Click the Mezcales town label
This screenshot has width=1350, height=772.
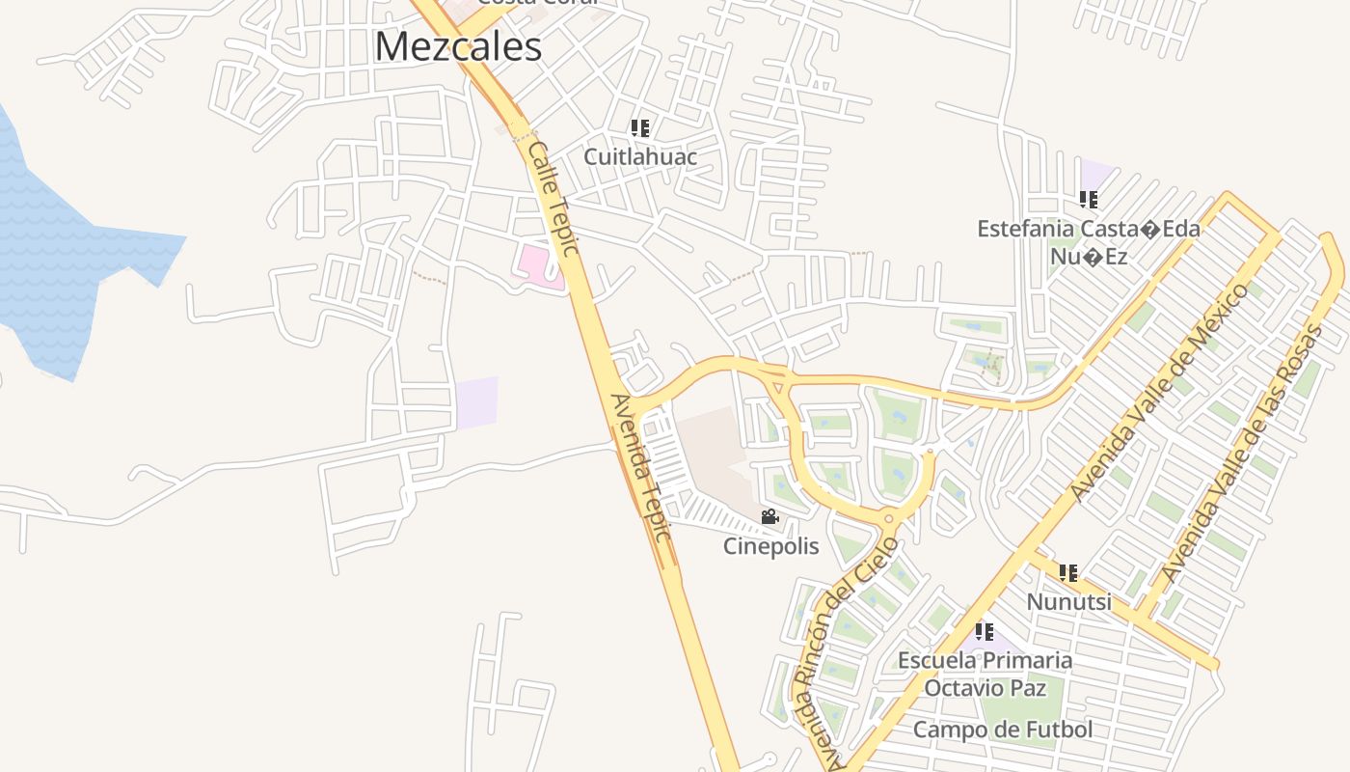pos(458,46)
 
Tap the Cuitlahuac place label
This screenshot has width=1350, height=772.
pos(640,155)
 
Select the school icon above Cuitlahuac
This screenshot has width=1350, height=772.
pos(640,127)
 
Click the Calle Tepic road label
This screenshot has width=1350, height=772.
pos(553,199)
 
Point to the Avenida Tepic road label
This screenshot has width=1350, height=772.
pos(639,467)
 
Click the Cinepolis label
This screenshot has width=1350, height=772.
pos(771,546)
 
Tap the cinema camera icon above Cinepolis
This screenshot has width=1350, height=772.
pos(769,517)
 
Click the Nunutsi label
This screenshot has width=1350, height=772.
pos(1068,601)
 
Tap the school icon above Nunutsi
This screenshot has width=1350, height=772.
pos(1068,573)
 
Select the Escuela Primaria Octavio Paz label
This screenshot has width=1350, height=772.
pos(985,674)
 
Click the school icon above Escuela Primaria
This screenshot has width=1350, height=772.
pos(985,632)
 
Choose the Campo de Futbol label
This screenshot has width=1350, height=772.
pos(1003,730)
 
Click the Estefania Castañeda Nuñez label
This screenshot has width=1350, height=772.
pos(1089,242)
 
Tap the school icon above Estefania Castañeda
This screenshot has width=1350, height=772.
pos(1089,200)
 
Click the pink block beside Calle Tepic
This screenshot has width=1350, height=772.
pos(537,264)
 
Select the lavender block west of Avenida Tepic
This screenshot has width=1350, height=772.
pos(477,401)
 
